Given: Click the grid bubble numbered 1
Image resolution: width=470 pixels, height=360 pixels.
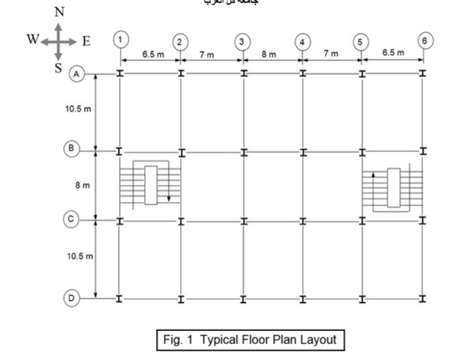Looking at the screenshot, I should coord(120,39).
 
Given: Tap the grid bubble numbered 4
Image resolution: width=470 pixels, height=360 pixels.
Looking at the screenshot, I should coord(303,42).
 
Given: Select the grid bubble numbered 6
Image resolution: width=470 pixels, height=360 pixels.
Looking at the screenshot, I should coord(423,39).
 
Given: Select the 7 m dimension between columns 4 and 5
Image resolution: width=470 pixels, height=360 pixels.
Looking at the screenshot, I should coord(330,54).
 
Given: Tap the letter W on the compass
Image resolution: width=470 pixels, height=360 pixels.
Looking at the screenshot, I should coord(32,39).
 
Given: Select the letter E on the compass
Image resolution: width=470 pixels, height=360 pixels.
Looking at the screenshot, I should coord(86,40).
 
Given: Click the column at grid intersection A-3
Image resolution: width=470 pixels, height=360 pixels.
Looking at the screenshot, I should coord(243,73).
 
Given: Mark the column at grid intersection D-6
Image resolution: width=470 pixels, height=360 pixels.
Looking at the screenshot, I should coord(423,298).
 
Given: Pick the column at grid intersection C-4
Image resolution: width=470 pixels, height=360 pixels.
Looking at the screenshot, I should coord(303,220).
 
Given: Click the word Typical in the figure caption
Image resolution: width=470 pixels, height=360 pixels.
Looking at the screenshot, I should coord(222,339).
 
